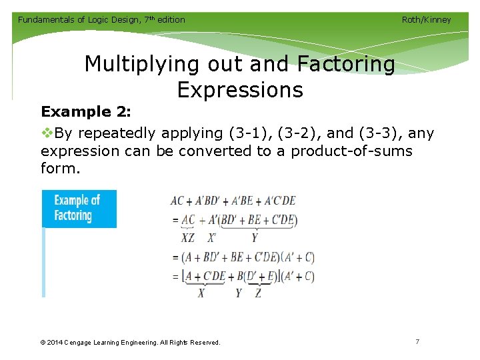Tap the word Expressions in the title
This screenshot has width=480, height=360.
pyautogui.click(x=240, y=89)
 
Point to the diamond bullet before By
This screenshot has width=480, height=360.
pyautogui.click(x=47, y=133)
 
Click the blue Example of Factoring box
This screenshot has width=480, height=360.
pyautogui.click(x=79, y=209)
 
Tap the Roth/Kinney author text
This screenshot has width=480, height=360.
pyautogui.click(x=426, y=20)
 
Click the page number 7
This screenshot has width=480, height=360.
pyautogui.click(x=417, y=341)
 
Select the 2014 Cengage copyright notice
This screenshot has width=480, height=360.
pyautogui.click(x=130, y=343)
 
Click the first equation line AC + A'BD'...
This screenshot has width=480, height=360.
pyautogui.click(x=233, y=201)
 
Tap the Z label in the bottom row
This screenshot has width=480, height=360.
pyautogui.click(x=258, y=293)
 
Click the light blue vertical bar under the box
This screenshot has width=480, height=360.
pyautogui.click(x=44, y=263)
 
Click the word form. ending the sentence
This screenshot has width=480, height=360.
pyautogui.click(x=60, y=169)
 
